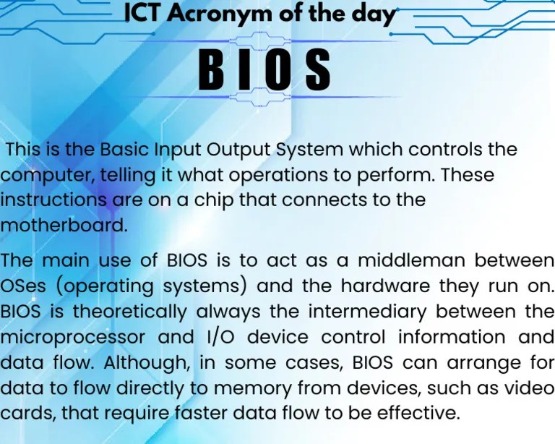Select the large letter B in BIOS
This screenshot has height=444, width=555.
[212, 69]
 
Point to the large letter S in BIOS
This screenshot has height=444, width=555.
[317, 69]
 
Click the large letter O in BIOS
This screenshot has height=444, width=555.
[278, 69]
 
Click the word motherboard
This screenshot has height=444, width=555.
[64, 225]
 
